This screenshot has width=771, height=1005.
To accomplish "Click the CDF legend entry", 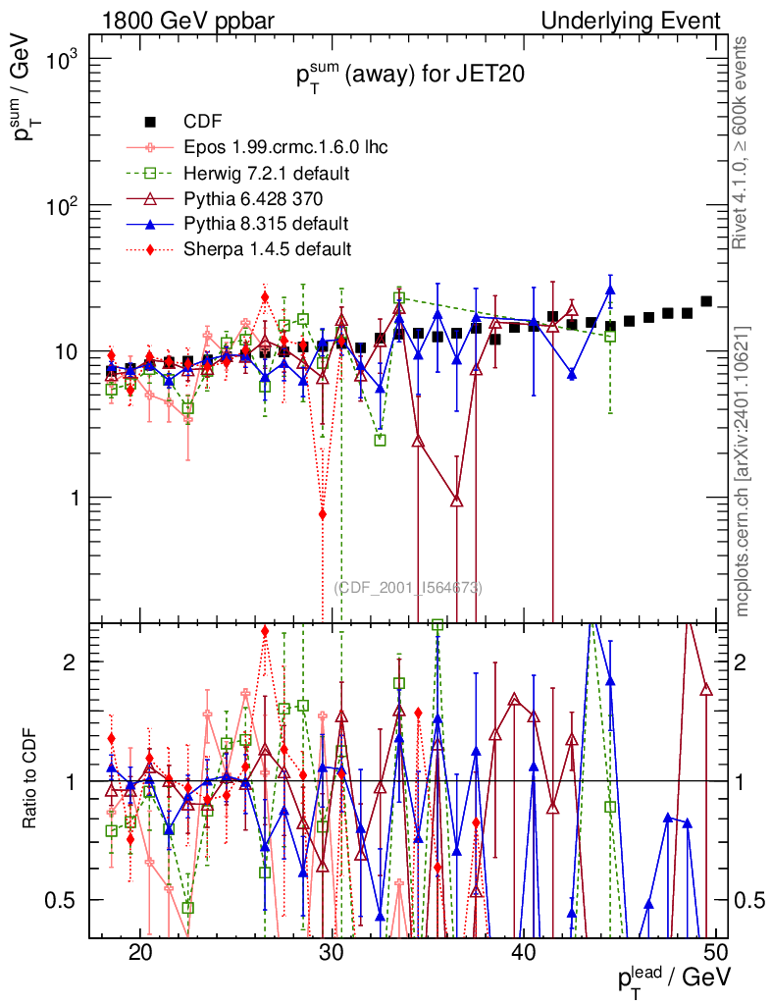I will tap(202, 122).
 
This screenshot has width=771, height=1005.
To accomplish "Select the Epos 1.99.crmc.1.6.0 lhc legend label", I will tap(285, 148).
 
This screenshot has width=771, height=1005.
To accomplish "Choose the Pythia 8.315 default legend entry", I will tap(266, 224).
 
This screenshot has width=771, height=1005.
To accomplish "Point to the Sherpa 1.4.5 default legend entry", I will tap(267, 249).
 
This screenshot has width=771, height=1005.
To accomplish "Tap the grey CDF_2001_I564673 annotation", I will tap(408, 588).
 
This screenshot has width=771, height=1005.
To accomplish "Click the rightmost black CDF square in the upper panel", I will tap(706, 301).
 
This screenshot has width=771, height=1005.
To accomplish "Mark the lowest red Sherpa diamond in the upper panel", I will tap(323, 514).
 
